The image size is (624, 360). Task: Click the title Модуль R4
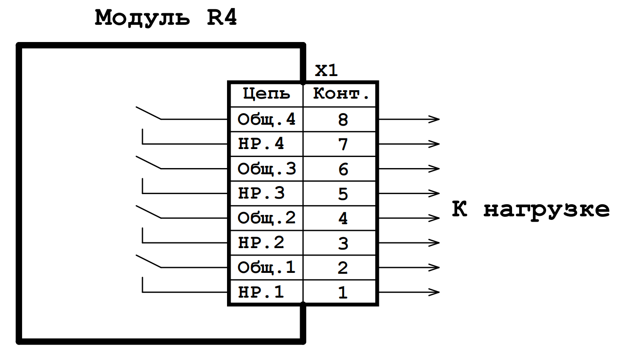point(166,19)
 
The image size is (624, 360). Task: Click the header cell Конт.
point(341,94)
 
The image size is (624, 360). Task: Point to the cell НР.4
point(261,144)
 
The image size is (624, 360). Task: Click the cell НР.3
point(261,194)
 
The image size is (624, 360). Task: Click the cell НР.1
point(261,292)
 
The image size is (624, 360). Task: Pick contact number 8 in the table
point(343,120)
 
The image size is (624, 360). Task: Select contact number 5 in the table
point(343,194)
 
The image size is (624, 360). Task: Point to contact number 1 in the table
point(343,293)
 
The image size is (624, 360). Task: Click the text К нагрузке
point(531,209)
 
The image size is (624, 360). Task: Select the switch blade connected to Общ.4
point(148,113)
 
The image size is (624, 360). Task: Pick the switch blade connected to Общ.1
point(148,261)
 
